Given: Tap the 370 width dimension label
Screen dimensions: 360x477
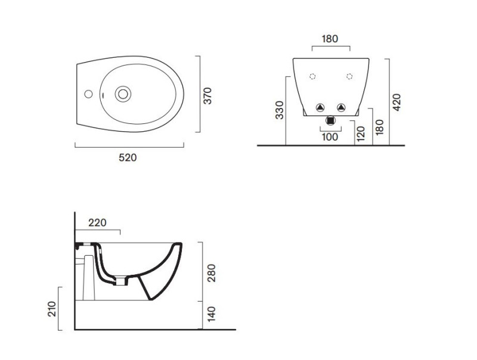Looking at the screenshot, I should point(207,96).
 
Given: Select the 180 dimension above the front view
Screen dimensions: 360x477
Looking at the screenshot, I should point(330,39).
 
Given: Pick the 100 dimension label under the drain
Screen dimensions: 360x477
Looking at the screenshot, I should point(330,137).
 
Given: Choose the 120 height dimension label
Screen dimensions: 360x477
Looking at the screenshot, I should point(360,133).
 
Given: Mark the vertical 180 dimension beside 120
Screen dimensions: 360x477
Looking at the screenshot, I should point(379,126).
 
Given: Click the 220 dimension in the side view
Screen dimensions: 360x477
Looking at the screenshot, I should point(97,223).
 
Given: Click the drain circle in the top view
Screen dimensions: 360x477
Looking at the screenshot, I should point(123,93).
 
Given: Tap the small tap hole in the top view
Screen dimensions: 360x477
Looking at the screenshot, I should point(88,94).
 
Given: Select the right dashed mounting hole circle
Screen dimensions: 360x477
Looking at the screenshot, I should point(349,76).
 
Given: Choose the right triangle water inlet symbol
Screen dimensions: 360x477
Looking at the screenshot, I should point(340,107).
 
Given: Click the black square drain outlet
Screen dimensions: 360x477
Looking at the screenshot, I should point(330,120).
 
